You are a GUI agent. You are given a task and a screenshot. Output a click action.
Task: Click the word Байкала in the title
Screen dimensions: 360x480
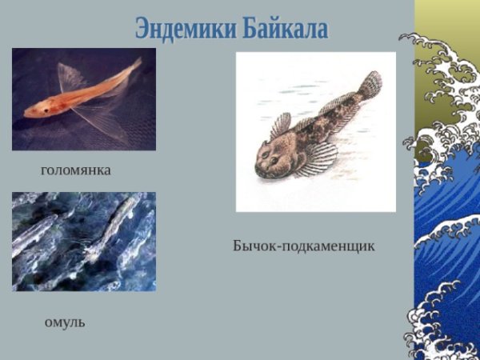pos(284,29)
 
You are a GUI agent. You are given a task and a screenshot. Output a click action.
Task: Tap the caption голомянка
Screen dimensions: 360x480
pos(75,170)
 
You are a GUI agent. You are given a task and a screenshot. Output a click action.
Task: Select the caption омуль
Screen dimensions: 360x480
pos(65,322)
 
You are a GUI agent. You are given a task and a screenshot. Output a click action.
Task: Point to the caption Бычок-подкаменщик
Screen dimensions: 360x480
pos(303,246)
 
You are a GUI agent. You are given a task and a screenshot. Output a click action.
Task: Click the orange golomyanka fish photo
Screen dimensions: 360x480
pos(84,99)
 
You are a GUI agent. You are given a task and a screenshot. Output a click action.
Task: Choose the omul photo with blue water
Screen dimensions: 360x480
pos(84,241)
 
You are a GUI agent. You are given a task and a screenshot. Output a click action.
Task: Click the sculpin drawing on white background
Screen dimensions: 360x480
pos(316,132)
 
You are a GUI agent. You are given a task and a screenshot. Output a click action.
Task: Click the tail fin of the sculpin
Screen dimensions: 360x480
pos(370,83)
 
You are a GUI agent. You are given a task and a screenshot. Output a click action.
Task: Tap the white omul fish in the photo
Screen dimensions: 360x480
pos(108,228)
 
